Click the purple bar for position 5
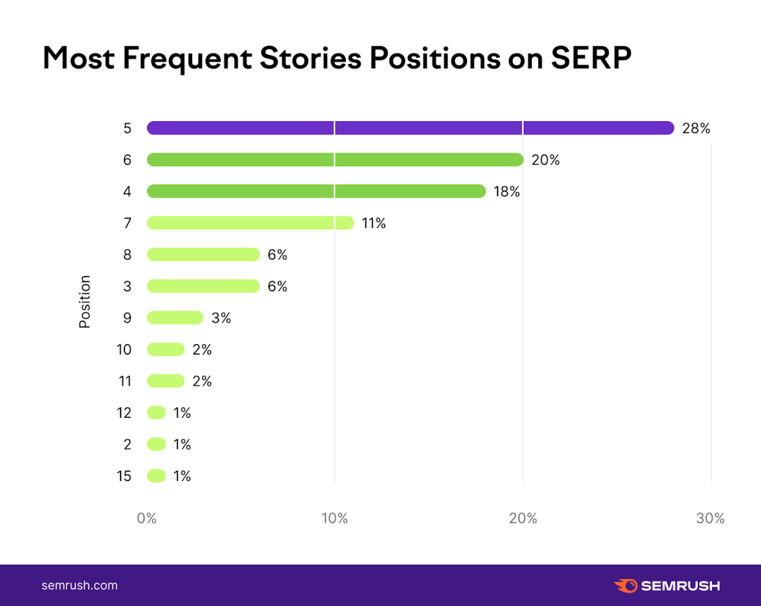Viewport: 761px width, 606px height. [x=410, y=128]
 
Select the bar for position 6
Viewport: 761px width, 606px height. [x=335, y=160]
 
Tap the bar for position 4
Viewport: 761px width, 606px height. [x=316, y=191]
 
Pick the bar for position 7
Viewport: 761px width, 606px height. [x=250, y=223]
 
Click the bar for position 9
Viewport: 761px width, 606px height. [x=175, y=318]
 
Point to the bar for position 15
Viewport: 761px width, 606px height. [x=156, y=476]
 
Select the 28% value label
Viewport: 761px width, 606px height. [x=696, y=128]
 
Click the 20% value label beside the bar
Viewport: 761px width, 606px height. [x=546, y=160]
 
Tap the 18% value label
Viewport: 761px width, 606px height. [x=507, y=191]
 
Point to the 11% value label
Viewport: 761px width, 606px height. [x=374, y=223]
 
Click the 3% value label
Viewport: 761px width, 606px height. [x=221, y=318]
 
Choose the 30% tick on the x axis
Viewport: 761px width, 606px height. [x=711, y=518]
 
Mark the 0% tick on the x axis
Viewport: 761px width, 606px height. [x=146, y=518]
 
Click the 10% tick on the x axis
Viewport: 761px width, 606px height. [x=335, y=518]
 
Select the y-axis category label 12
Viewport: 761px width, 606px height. [x=124, y=413]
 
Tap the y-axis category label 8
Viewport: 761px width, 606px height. [x=127, y=254]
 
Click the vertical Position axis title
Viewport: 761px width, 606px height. [x=85, y=301]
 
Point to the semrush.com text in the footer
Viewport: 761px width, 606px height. [x=79, y=585]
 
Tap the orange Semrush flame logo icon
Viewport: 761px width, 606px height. [x=626, y=585]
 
